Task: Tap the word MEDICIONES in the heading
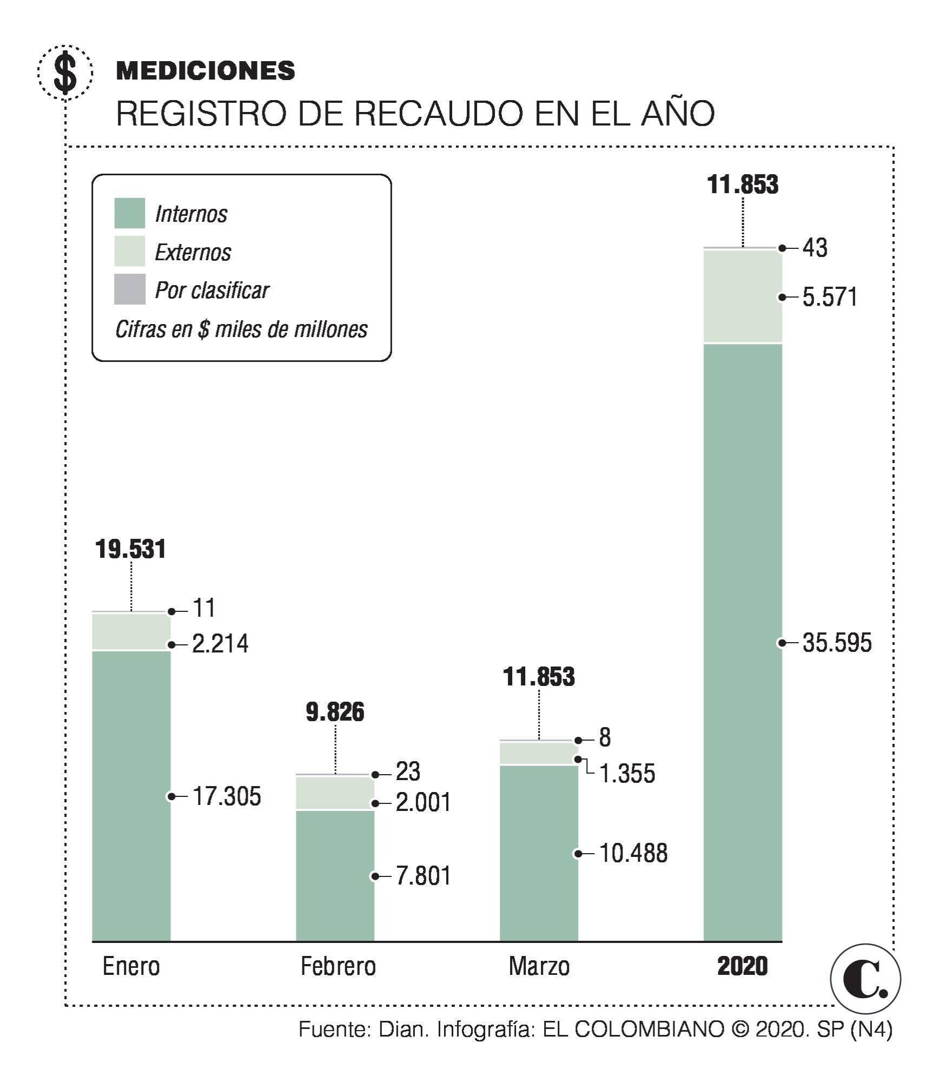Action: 206,71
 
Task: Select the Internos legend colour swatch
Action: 130,213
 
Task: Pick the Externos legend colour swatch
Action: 130,251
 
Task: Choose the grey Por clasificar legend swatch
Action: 130,289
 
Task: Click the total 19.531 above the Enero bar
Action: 130,549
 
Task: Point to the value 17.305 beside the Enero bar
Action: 227,796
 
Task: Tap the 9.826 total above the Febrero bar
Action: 335,712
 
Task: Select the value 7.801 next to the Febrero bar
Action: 423,876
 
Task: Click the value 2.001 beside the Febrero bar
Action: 423,802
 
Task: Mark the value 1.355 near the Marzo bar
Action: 627,774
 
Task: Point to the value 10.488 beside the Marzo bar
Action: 633,853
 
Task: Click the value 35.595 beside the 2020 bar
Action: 837,643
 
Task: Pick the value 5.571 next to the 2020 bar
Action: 830,297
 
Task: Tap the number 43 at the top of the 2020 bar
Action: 815,248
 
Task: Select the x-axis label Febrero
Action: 338,966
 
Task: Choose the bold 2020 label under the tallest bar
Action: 742,966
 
